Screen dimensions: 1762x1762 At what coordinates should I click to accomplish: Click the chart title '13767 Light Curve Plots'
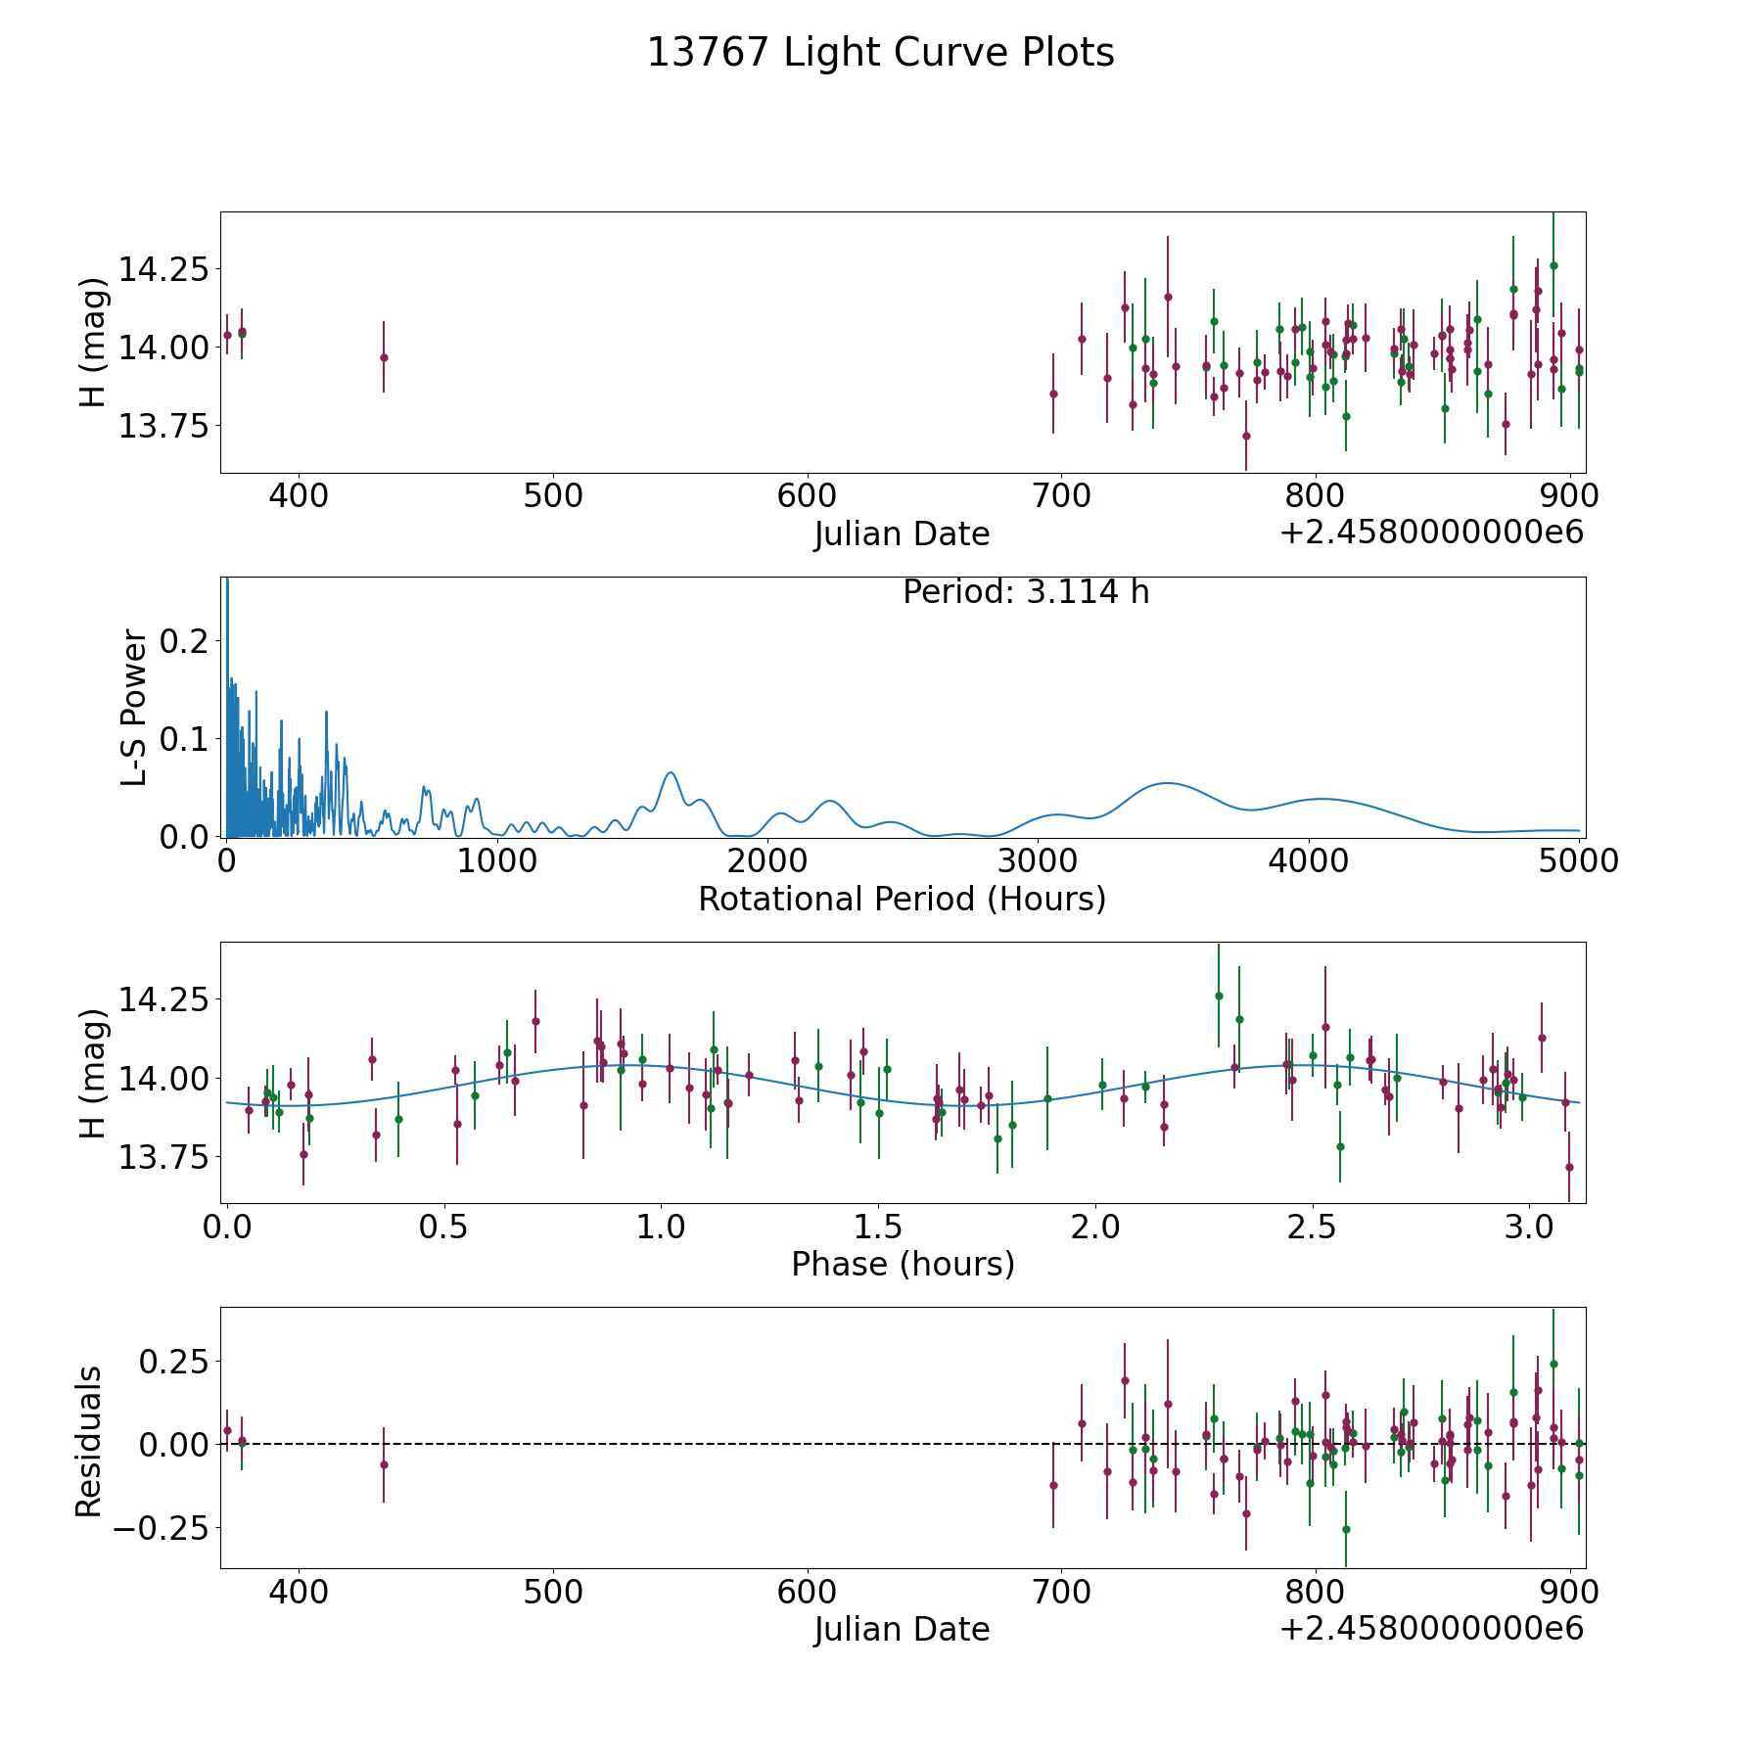click(x=881, y=53)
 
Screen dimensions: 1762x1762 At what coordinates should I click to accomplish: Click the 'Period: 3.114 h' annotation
click(x=1026, y=592)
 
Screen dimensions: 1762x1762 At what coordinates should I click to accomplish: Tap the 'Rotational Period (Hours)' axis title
click(x=902, y=899)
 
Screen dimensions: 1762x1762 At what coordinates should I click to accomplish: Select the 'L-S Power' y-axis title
click(x=134, y=707)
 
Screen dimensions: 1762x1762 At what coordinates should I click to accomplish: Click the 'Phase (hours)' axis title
click(x=903, y=1265)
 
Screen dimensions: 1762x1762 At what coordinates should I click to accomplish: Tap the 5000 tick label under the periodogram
click(x=1580, y=861)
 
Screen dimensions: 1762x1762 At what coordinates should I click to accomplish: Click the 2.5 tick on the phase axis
click(x=1313, y=1227)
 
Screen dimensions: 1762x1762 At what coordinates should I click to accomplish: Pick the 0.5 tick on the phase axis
click(x=443, y=1227)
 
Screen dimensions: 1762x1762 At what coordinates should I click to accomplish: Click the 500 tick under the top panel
click(x=553, y=496)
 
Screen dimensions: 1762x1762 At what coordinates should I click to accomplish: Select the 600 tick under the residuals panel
click(x=808, y=1592)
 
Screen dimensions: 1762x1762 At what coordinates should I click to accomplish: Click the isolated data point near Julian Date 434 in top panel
click(x=384, y=357)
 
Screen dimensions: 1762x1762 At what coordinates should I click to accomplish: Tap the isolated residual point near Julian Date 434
click(x=384, y=1464)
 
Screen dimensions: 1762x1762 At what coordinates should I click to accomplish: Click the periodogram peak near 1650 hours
click(x=671, y=772)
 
